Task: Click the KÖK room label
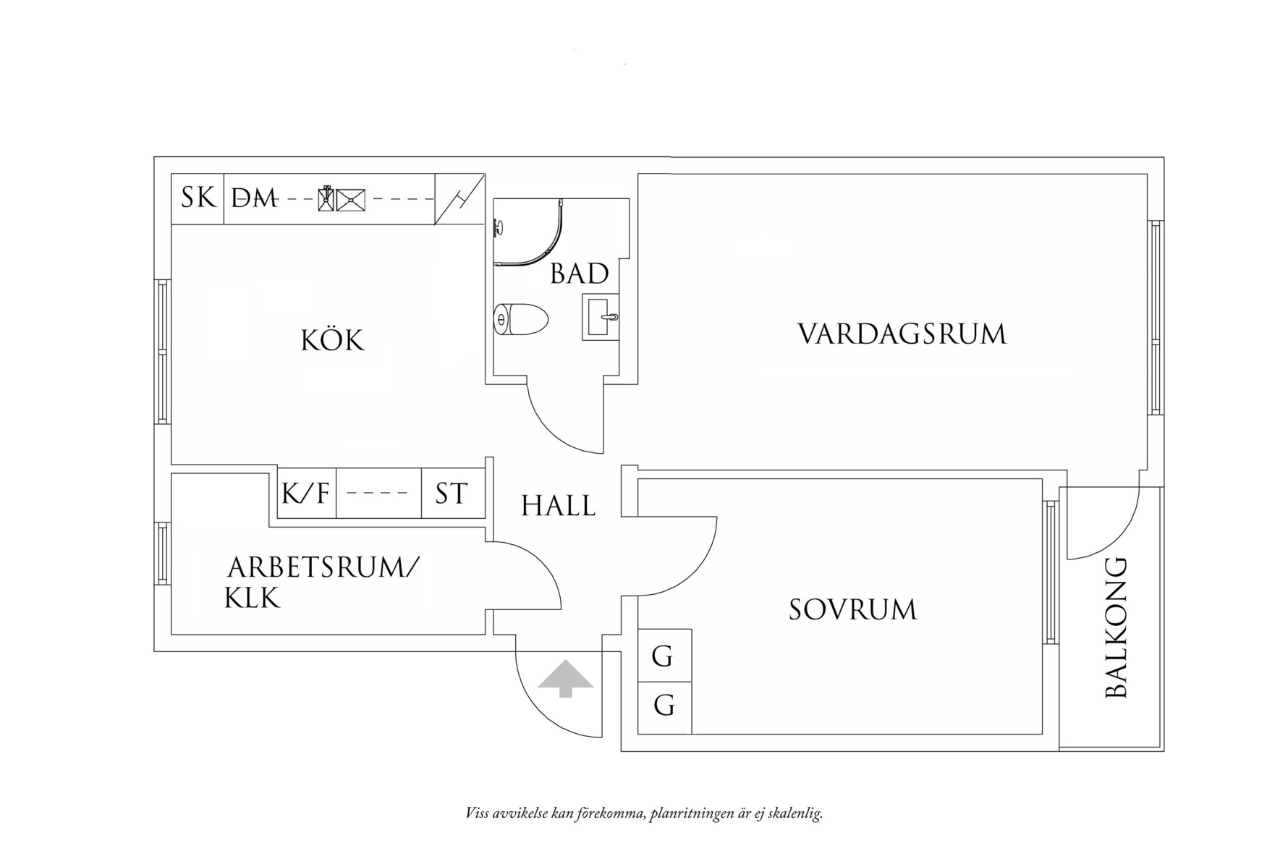(332, 339)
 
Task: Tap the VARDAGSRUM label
(902, 334)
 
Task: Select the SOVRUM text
(852, 609)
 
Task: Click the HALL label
(558, 506)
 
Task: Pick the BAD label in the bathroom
(579, 274)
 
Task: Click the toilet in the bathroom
(521, 319)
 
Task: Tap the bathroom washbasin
(601, 317)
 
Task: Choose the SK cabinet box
(198, 198)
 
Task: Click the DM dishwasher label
(254, 198)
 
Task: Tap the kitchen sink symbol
(349, 199)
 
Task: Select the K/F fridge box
(306, 494)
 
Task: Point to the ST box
(452, 494)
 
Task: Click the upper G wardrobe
(664, 656)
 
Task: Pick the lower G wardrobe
(664, 705)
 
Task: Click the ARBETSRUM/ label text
(323, 567)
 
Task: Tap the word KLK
(252, 598)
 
